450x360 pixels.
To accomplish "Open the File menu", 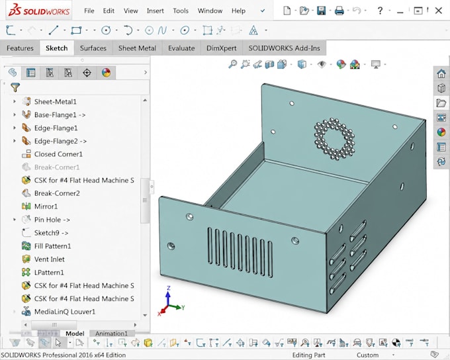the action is pyautogui.click(x=89, y=11).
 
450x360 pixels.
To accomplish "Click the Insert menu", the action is pyautogui.click(x=156, y=11).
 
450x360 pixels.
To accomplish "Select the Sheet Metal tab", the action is pyautogui.click(x=137, y=48).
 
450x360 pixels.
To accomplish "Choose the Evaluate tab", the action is pyautogui.click(x=181, y=48).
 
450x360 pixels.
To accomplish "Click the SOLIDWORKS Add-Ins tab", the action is pyautogui.click(x=284, y=48).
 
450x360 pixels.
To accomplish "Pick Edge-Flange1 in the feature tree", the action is pyautogui.click(x=56, y=128).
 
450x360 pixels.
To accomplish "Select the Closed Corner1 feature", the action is pyautogui.click(x=58, y=154).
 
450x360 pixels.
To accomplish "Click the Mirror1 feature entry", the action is pyautogui.click(x=46, y=206).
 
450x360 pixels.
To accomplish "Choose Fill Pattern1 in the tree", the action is pyautogui.click(x=52, y=246).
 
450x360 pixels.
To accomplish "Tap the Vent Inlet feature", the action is pyautogui.click(x=50, y=259).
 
